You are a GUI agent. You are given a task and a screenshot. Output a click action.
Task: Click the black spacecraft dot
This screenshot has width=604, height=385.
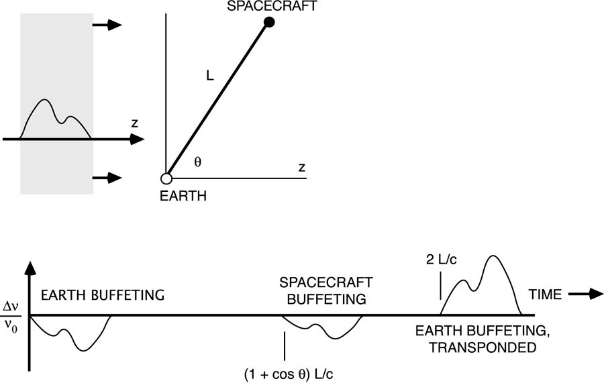(x=269, y=23)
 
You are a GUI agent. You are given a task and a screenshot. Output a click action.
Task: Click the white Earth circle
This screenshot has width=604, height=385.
(x=166, y=179)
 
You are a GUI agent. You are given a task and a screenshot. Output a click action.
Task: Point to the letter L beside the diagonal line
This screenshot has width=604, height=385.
(x=209, y=78)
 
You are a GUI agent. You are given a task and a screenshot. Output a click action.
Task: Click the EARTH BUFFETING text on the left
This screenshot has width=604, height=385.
(x=103, y=295)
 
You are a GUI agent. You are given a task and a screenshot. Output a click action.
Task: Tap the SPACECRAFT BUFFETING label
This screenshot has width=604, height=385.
(x=323, y=291)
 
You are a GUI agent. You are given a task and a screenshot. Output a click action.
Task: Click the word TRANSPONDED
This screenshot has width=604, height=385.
(x=474, y=348)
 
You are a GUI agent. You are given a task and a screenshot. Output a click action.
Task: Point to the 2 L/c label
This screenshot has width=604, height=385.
(x=440, y=260)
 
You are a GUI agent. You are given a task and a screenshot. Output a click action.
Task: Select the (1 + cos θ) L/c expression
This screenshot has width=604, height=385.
(x=289, y=373)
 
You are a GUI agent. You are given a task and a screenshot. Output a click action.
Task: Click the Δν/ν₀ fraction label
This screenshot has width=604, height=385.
(x=12, y=315)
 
